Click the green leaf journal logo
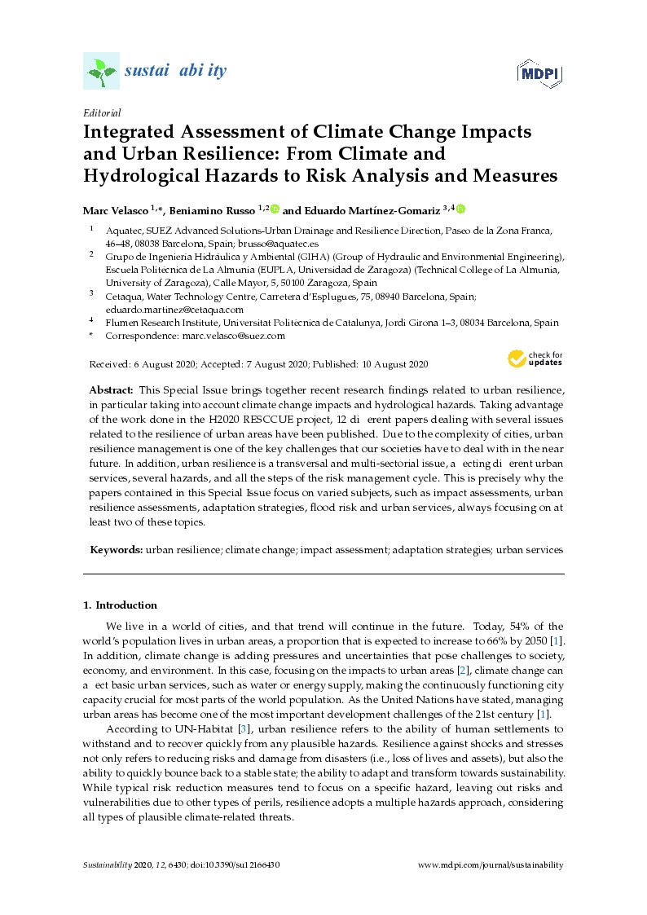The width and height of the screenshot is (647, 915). tap(101, 72)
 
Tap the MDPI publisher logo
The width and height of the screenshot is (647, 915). tap(540, 73)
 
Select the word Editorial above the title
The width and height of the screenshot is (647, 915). tap(102, 113)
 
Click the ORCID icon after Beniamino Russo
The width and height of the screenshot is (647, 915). tap(275, 209)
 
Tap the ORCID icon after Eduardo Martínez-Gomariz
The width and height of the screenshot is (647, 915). tap(460, 209)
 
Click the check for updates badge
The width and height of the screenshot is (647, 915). tap(535, 359)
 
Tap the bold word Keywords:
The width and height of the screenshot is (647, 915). tap(117, 550)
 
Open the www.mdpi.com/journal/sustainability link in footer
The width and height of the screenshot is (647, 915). tap(490, 865)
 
